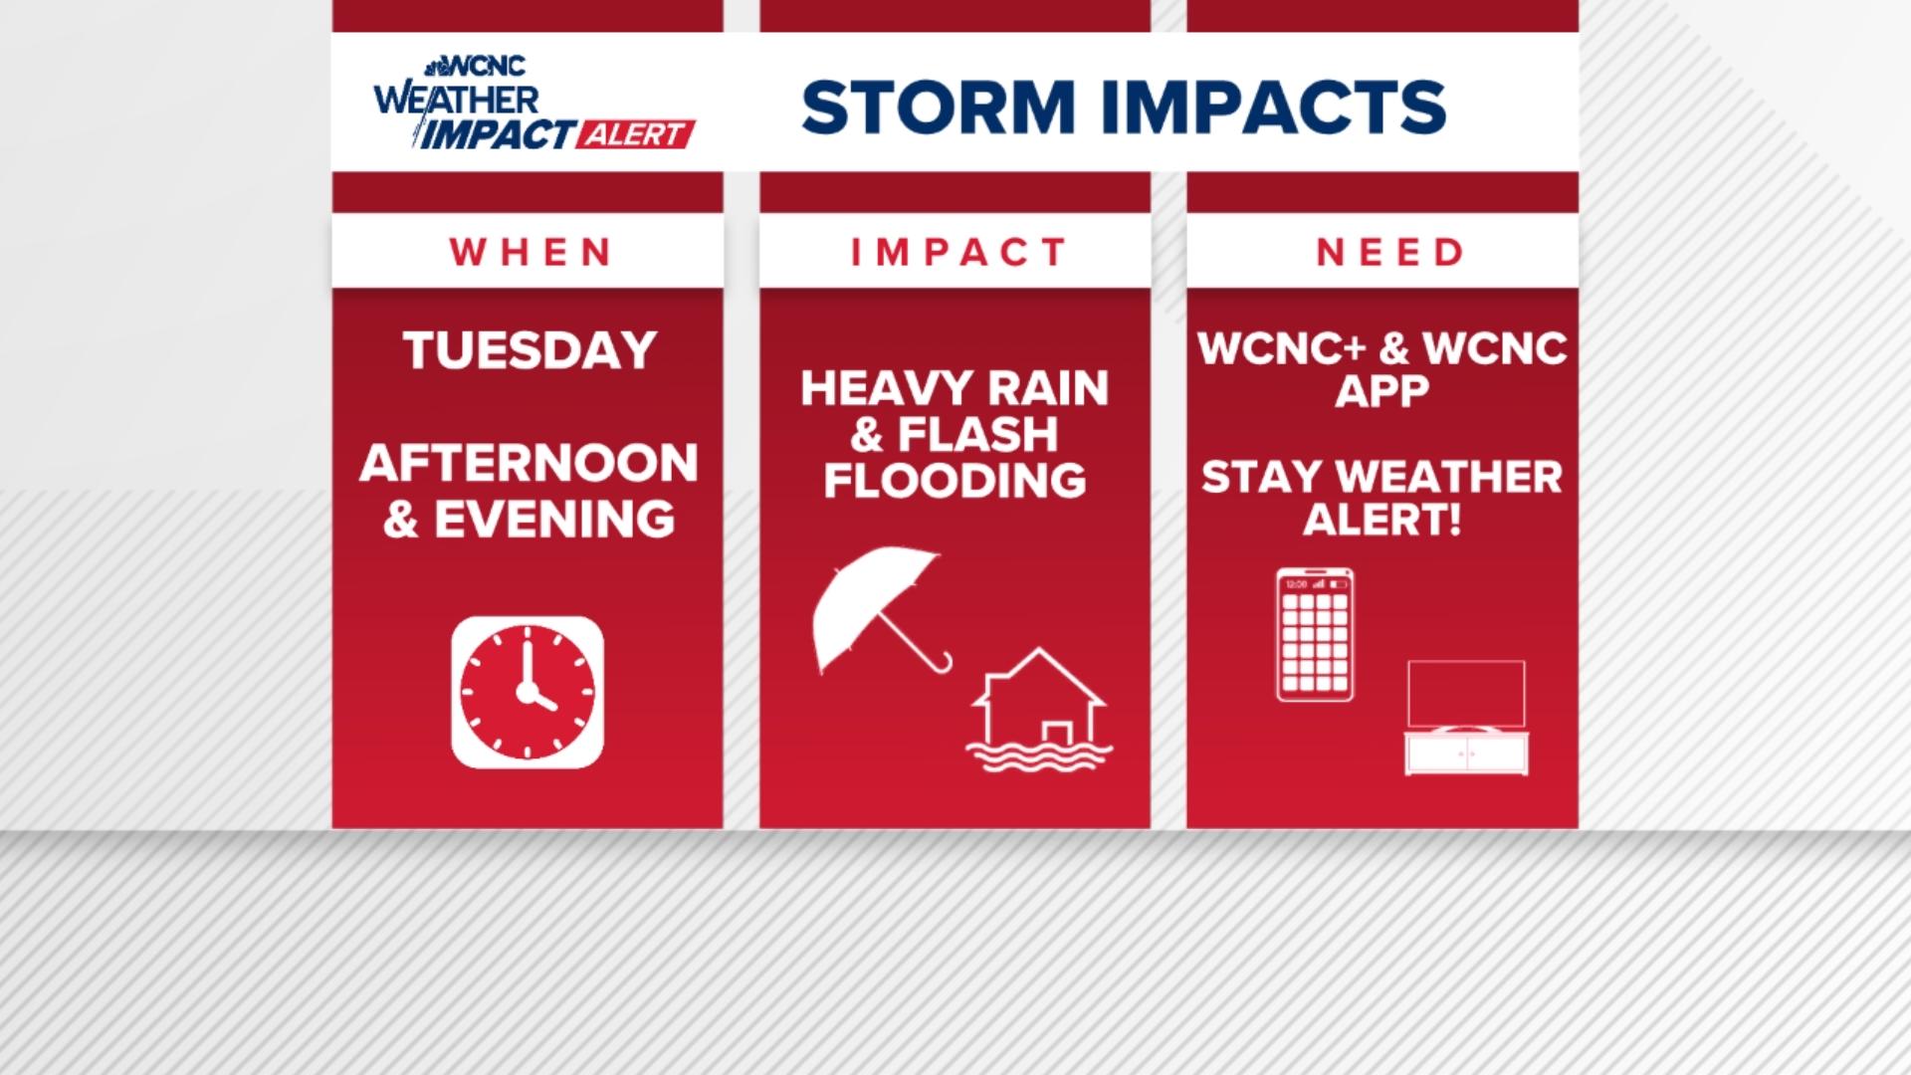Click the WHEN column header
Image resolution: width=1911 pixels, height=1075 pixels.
(x=530, y=253)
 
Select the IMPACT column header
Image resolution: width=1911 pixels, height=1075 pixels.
(x=957, y=253)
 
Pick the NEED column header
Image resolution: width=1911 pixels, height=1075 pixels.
(x=1389, y=253)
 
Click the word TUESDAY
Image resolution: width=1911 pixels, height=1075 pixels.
(x=530, y=350)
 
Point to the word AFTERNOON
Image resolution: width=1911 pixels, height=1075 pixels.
(x=530, y=464)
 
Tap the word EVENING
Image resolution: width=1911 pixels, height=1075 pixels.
(x=554, y=520)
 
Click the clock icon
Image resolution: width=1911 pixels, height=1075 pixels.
(x=528, y=693)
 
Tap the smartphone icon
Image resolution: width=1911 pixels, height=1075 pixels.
(x=1315, y=635)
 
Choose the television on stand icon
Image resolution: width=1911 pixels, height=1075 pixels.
(x=1466, y=718)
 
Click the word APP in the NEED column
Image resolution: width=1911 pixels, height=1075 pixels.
(x=1381, y=391)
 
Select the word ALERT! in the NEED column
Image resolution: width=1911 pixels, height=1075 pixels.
(x=1381, y=520)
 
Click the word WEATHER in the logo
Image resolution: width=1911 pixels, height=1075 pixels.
(x=457, y=101)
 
